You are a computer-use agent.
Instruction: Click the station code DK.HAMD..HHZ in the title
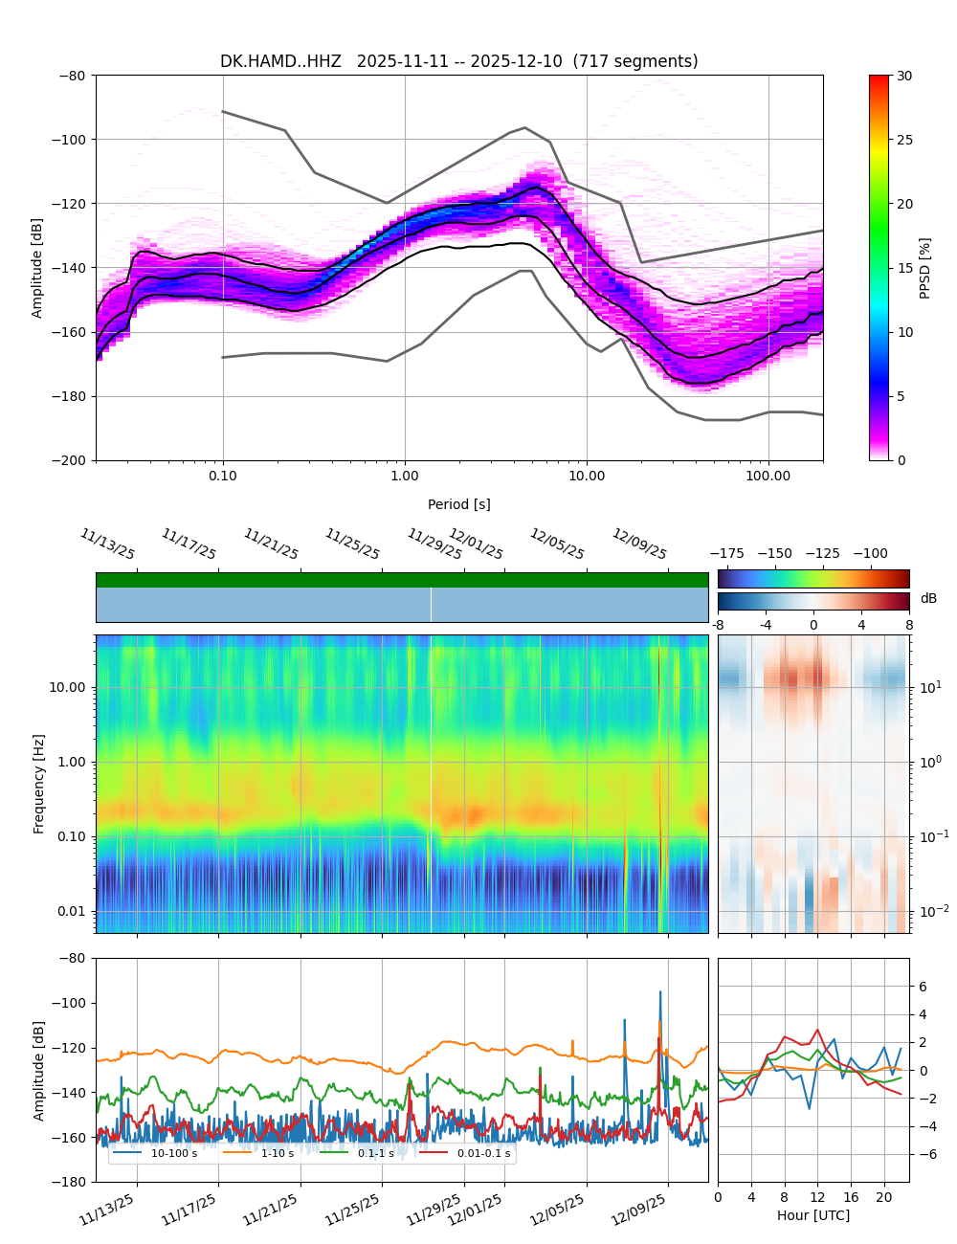tap(280, 61)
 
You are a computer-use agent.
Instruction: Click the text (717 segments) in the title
tap(635, 61)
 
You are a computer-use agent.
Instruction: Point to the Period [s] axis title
tap(458, 504)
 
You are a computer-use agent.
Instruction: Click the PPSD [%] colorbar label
tap(925, 268)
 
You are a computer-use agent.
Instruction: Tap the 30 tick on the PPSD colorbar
tap(904, 76)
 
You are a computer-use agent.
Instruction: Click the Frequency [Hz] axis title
tap(39, 783)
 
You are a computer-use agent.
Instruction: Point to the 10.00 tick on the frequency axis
tap(67, 687)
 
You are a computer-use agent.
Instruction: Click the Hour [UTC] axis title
tap(812, 1215)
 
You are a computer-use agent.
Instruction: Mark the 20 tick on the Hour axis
tap(884, 1197)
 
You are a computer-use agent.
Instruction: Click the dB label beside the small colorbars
tap(928, 599)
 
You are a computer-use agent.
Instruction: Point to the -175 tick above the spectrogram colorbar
tap(731, 553)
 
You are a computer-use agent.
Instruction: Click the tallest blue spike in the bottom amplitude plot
tap(659, 992)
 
